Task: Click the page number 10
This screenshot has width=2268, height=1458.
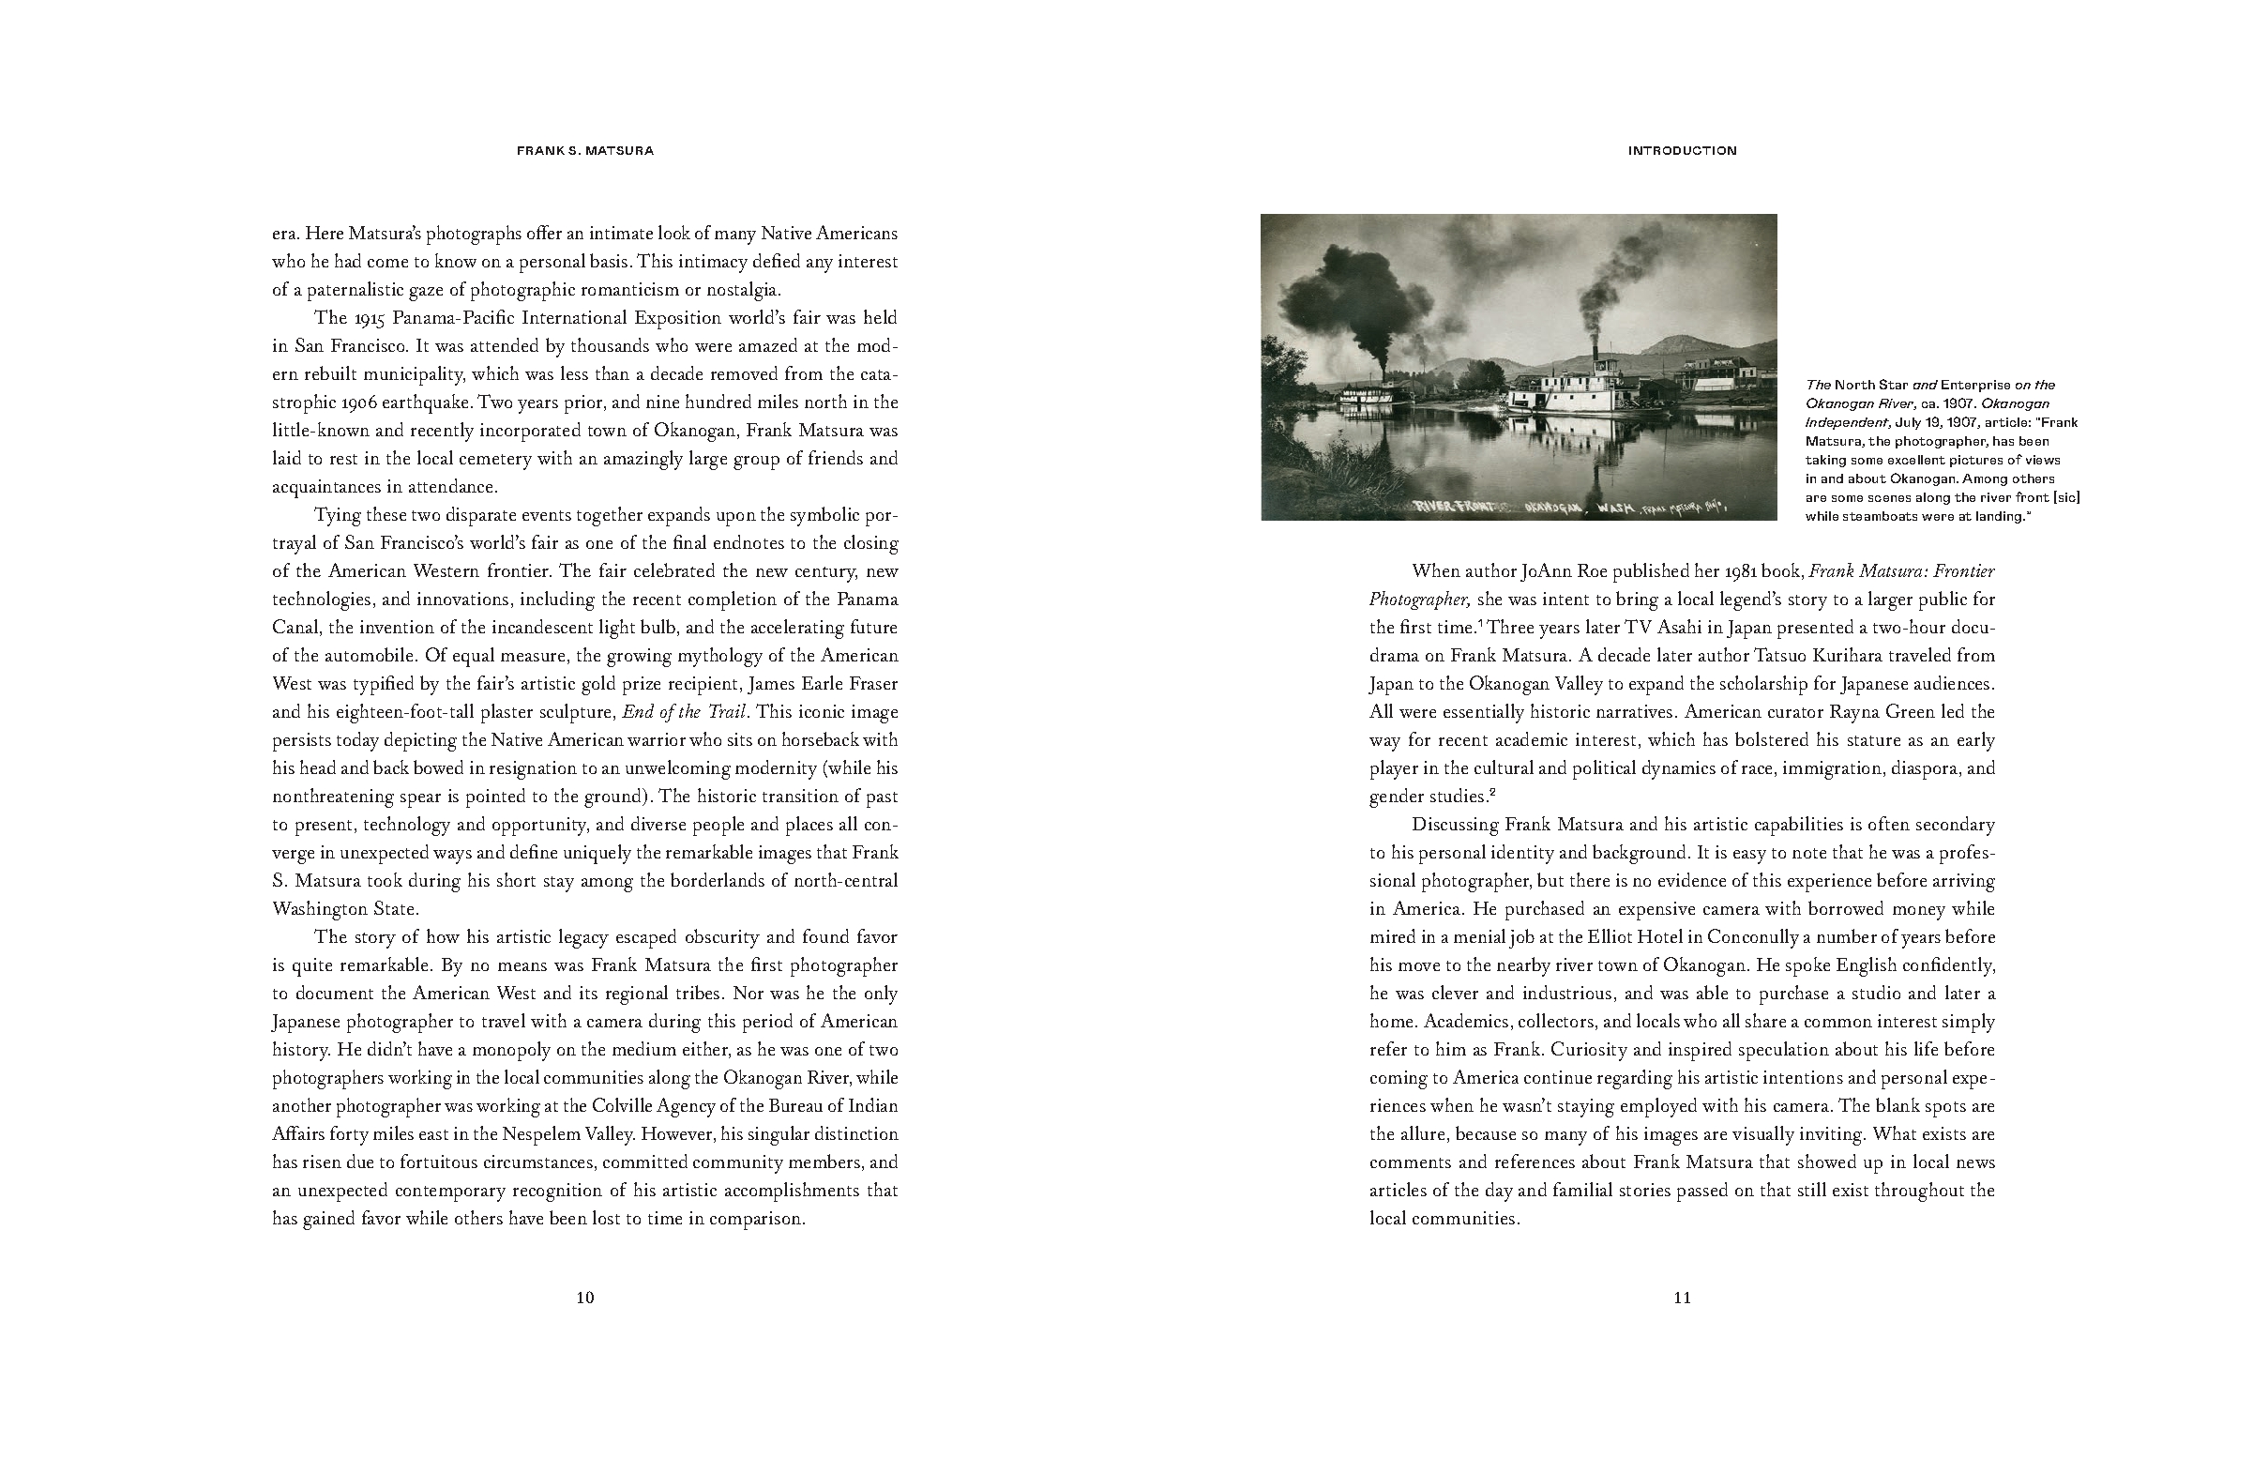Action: pos(585,1297)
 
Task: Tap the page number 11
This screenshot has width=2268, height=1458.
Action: pos(1682,1297)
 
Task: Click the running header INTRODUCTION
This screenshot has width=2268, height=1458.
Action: pos(1682,150)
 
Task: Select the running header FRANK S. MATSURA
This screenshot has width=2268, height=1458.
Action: pos(585,150)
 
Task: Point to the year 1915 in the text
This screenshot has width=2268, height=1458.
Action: pos(371,317)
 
